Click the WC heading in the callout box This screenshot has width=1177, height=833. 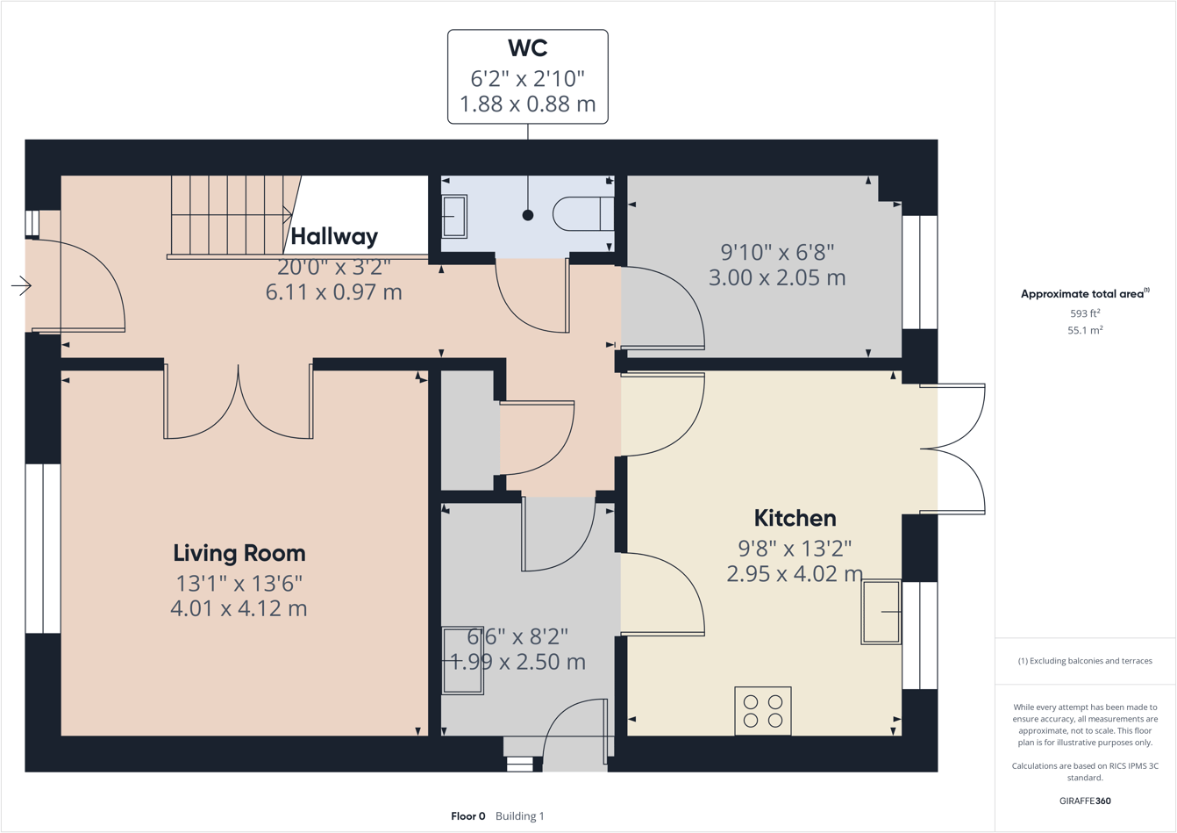coord(527,47)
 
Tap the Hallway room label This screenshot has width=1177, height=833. coord(334,236)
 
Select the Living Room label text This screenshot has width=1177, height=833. coord(239,553)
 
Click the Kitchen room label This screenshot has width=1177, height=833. coord(795,518)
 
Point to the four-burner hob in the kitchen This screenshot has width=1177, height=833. coord(763,711)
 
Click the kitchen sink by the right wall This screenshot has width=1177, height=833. coord(881,612)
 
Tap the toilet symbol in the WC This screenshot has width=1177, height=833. coord(583,213)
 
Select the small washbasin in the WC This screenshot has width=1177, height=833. coord(454,215)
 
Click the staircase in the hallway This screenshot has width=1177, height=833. coord(230,215)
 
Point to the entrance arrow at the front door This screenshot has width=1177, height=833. coord(21,285)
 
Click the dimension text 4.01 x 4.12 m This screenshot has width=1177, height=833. coord(239,608)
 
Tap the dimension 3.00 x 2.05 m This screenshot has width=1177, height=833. coord(777,278)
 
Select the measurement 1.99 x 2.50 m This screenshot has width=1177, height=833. coord(517,662)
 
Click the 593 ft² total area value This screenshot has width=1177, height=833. coord(1085,313)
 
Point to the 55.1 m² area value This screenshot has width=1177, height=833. coord(1085,330)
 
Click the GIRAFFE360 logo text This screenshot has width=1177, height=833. coord(1085,801)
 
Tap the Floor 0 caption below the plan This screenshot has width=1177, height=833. coord(468,816)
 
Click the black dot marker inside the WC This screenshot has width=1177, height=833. coord(528,215)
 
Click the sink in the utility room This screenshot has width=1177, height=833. coord(462,660)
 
